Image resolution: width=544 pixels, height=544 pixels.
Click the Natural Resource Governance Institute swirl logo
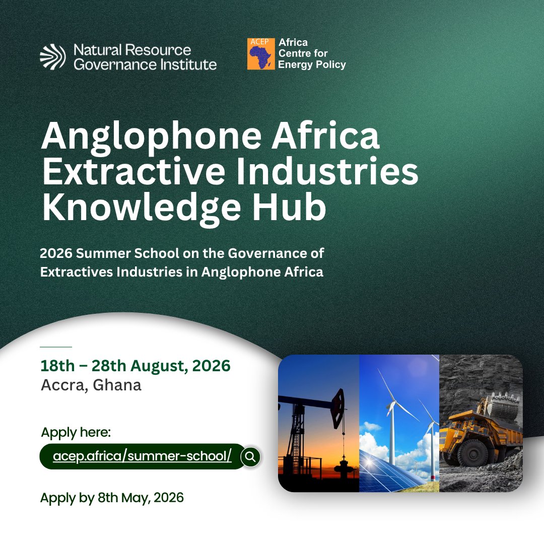[x=52, y=56]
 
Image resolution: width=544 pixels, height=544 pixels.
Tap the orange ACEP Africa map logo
[x=260, y=53]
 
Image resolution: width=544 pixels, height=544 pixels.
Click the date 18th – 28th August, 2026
[x=135, y=366]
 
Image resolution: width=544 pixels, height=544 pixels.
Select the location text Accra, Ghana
[x=91, y=385]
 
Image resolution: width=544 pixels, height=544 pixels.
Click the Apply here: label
[x=76, y=433]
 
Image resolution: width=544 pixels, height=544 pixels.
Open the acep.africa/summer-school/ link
[x=142, y=456]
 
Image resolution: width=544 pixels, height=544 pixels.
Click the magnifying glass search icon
[x=251, y=457]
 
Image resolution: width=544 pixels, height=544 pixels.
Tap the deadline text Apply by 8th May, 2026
[x=112, y=498]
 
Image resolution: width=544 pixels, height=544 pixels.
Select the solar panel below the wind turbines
[x=388, y=471]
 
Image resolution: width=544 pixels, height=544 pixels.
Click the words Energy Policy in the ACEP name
[x=312, y=65]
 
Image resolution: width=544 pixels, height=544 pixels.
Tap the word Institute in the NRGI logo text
[x=188, y=64]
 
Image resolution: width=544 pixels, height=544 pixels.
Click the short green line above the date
[x=55, y=347]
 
